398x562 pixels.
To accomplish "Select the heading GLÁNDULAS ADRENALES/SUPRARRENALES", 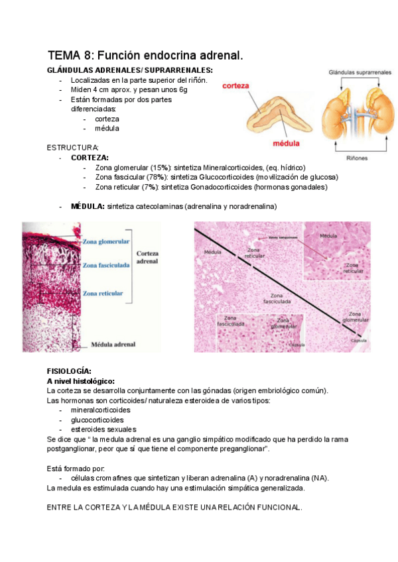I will point(130,70).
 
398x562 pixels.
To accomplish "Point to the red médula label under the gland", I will point(286,142).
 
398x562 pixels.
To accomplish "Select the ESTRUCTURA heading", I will point(72,147).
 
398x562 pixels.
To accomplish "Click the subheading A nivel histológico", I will point(80,381).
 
